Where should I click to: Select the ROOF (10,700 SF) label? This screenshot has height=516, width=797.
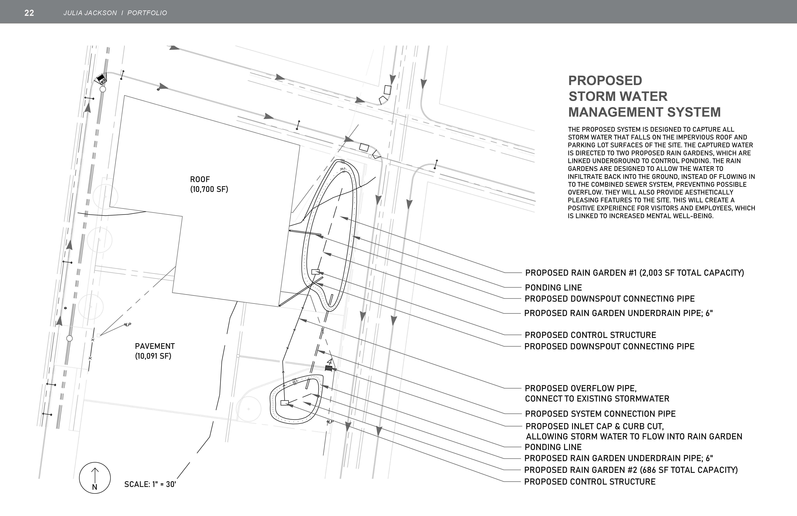(x=209, y=184)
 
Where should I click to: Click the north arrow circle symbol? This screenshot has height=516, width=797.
(x=95, y=478)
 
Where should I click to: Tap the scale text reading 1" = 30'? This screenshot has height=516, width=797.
(x=150, y=484)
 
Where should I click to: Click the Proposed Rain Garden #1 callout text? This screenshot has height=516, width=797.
(x=634, y=273)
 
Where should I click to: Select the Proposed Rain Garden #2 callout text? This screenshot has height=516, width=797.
(x=631, y=470)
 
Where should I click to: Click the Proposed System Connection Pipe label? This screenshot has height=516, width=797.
(x=600, y=414)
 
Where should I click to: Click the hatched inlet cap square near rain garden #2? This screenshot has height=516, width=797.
(x=328, y=368)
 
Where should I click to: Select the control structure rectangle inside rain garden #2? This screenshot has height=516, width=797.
(x=284, y=403)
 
